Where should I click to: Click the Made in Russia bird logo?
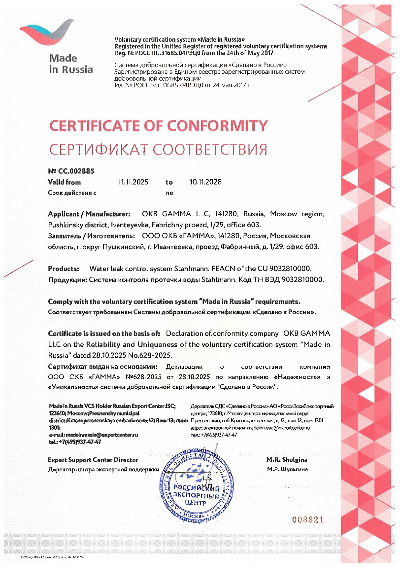(47, 33)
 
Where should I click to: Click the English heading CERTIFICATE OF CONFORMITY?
(158, 126)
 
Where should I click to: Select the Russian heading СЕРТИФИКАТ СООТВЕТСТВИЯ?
(158, 150)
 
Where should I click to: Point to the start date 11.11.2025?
(133, 182)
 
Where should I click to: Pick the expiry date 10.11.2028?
(206, 182)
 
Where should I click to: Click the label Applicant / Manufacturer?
(89, 214)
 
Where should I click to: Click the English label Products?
(64, 268)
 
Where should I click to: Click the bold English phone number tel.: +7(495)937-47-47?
(75, 442)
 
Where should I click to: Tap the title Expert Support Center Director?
(93, 460)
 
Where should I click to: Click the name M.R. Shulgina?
(287, 460)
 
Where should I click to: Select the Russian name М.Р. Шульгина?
(287, 469)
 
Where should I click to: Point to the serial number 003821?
(308, 520)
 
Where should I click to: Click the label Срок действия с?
(72, 193)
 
